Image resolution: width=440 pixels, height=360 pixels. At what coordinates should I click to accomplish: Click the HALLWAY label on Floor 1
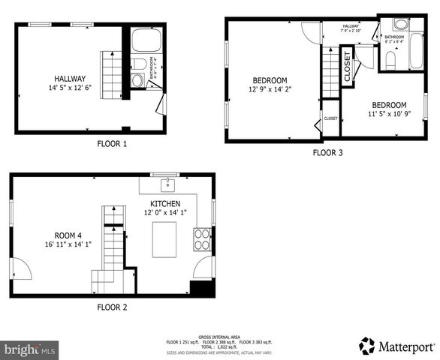[69, 78]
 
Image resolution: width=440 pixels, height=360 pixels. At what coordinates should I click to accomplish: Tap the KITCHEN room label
[164, 203]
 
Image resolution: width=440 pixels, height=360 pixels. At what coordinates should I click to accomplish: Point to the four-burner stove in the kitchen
[203, 239]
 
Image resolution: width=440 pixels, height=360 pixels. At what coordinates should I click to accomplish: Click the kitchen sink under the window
[166, 184]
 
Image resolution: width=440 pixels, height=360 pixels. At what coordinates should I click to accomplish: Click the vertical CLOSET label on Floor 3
[348, 66]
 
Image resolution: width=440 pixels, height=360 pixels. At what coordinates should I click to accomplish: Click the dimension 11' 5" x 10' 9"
[387, 114]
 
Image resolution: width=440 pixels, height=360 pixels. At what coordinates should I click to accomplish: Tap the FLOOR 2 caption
[112, 307]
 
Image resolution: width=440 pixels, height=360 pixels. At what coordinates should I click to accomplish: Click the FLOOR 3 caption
[327, 152]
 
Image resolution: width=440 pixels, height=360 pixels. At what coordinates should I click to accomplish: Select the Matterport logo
[396, 346]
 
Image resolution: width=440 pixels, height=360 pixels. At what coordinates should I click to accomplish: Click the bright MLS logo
[30, 349]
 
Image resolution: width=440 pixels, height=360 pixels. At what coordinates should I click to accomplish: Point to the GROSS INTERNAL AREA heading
[219, 337]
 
